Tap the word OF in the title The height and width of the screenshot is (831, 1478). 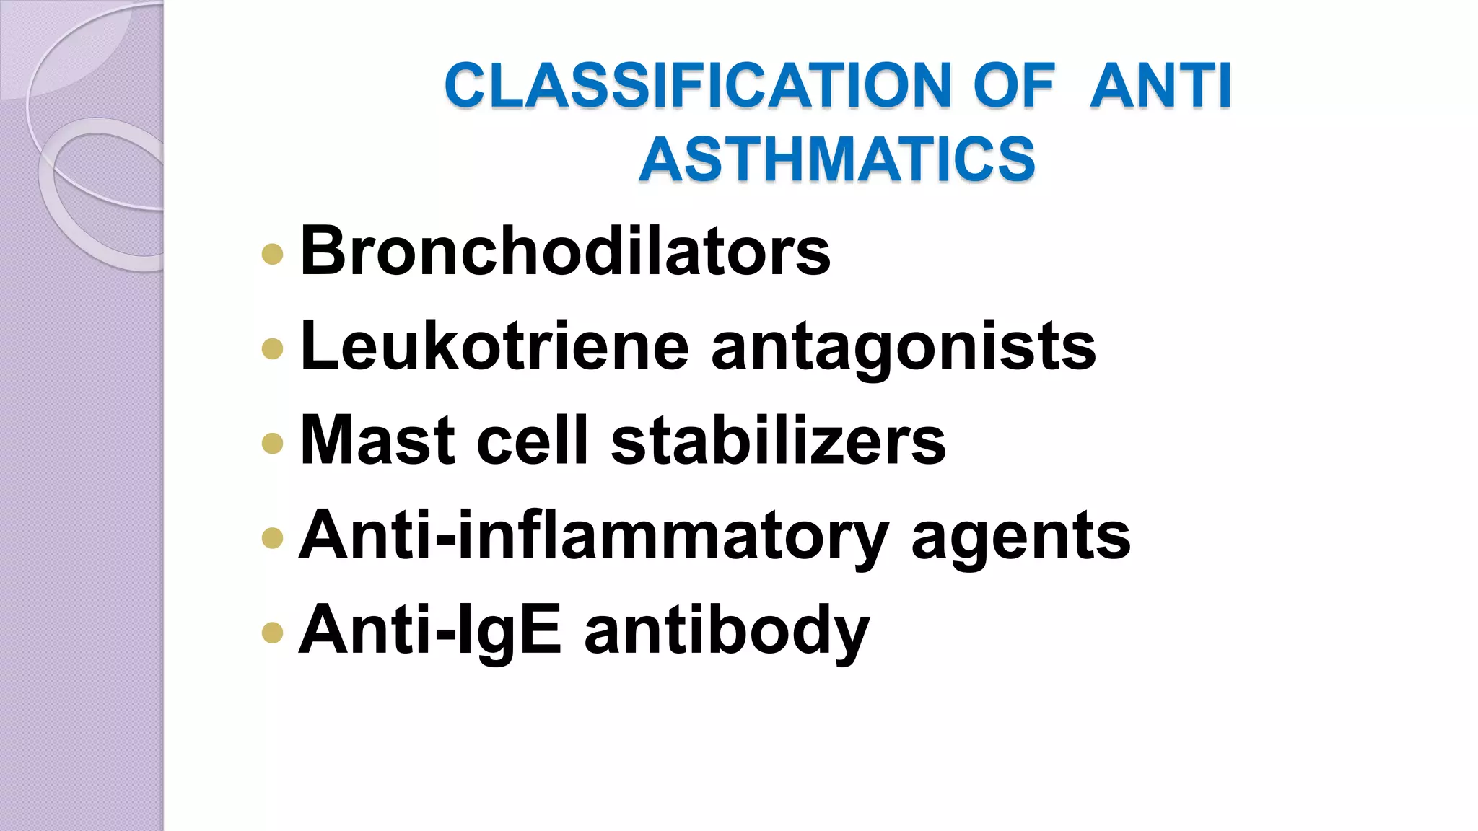tap(1014, 86)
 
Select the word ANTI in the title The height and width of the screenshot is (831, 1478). tap(1160, 86)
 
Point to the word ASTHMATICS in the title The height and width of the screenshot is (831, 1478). tap(837, 159)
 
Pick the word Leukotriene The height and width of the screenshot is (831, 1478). tap(495, 346)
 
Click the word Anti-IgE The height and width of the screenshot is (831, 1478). tap(430, 630)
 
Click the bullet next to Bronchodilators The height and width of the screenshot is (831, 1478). tap(272, 254)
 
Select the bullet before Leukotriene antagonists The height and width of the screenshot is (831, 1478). tap(272, 349)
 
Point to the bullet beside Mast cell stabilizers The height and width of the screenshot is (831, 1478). tap(272, 443)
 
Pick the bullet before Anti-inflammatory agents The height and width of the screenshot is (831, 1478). tap(272, 538)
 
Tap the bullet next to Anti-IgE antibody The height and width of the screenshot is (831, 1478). tap(272, 633)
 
